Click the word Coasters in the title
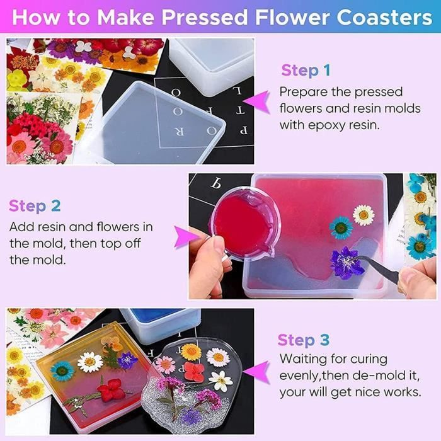click(x=384, y=18)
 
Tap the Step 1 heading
click(x=306, y=70)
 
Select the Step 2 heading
click(x=35, y=206)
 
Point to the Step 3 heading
click(x=303, y=340)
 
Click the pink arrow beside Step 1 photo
click(x=257, y=102)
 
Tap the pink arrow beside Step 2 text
click(x=186, y=237)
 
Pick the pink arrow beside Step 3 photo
click(x=257, y=372)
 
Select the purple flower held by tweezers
click(x=345, y=263)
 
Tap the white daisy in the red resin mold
click(x=364, y=215)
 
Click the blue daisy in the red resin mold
click(x=341, y=228)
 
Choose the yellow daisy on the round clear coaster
click(x=192, y=352)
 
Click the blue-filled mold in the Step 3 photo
click(x=161, y=324)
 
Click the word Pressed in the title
click(x=205, y=18)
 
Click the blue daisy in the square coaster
click(x=62, y=371)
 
